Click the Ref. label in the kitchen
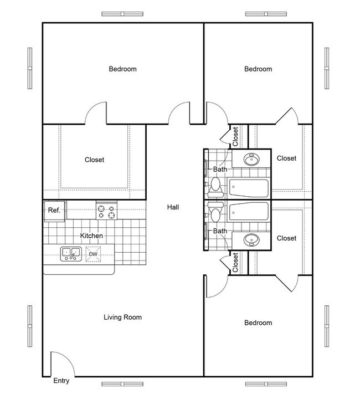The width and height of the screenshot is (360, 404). click(x=54, y=211)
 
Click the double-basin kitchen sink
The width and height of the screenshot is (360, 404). click(x=71, y=254)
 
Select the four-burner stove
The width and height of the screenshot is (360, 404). click(x=107, y=211)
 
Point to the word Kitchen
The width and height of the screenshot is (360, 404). click(x=91, y=236)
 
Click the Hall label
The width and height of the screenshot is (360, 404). click(x=173, y=207)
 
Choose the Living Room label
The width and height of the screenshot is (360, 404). click(x=122, y=318)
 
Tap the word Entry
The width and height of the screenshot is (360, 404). click(x=61, y=381)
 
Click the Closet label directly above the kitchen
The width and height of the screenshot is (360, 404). click(x=94, y=160)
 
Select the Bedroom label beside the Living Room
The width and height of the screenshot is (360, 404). click(x=258, y=323)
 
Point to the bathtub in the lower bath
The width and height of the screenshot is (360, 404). click(x=249, y=211)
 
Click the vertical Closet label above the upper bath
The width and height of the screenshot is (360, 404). click(x=235, y=136)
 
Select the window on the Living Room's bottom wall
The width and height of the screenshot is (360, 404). click(x=122, y=383)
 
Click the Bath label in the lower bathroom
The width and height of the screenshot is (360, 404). click(x=220, y=231)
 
